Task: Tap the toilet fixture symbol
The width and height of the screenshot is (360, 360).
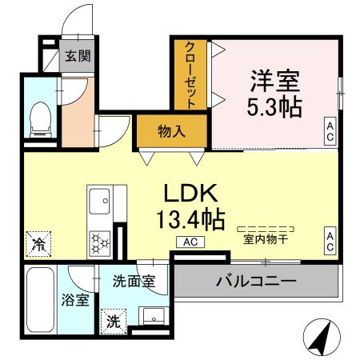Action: click(38, 121)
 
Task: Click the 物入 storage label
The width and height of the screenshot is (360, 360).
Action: click(171, 130)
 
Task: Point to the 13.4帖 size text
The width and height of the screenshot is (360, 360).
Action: click(192, 218)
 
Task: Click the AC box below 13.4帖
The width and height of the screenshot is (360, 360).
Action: click(191, 242)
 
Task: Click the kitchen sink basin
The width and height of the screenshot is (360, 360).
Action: click(101, 199)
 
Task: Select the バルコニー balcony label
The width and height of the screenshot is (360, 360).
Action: click(255, 282)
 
